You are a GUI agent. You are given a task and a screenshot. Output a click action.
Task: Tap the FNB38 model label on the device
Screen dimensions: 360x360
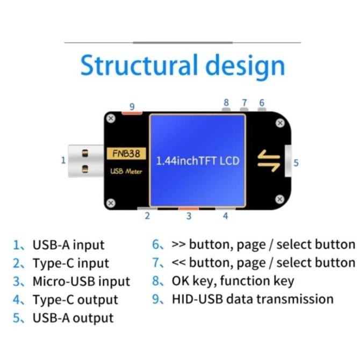[x=126, y=154]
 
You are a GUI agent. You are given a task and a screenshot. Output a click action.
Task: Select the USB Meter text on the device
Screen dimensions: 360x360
[x=126, y=171]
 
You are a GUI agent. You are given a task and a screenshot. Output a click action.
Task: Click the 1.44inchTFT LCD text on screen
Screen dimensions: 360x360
[x=197, y=161]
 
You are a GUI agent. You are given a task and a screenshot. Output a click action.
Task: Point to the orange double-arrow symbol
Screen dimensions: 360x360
[x=269, y=160]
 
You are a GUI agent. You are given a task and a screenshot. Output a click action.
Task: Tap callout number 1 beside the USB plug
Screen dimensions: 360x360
[x=63, y=160]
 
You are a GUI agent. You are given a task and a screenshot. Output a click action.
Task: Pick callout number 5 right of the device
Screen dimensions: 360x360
[x=296, y=162]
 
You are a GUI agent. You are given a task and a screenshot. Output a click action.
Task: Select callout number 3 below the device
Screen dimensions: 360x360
[x=189, y=216]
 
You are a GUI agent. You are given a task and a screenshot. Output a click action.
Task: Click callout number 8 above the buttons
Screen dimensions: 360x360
[x=226, y=102]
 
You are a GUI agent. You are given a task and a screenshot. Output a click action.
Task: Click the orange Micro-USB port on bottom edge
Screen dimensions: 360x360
[x=189, y=208]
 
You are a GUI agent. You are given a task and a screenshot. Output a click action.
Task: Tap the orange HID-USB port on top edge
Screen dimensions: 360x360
[x=132, y=113]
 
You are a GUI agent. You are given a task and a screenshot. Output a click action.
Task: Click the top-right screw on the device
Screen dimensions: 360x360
[x=280, y=123]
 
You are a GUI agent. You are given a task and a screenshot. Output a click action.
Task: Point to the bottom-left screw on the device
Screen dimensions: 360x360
[x=111, y=203]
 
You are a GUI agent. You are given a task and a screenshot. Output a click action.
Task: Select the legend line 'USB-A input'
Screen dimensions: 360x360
[x=68, y=245]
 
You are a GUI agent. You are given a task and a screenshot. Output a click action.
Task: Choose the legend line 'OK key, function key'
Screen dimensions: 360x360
[x=232, y=280]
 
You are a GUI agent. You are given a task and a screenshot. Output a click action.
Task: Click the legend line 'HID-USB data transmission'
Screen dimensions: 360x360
[x=252, y=299]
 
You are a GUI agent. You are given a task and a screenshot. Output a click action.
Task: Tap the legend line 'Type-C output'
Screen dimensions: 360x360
[x=75, y=299]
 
